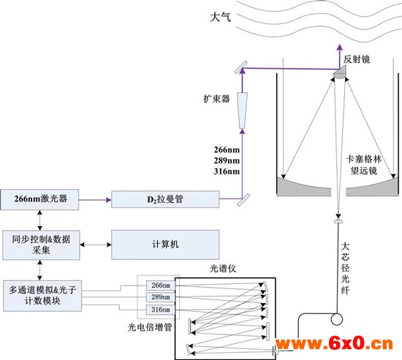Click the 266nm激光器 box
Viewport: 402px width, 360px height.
tap(39, 199)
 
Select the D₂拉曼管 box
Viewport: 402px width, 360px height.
tap(165, 199)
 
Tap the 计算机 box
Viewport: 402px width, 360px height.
tap(165, 245)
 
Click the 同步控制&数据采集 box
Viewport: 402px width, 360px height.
tap(41, 245)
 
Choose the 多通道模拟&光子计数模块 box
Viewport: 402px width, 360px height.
tap(42, 296)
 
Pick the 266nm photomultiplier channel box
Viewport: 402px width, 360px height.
tap(161, 286)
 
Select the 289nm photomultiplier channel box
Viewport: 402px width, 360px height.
tap(161, 297)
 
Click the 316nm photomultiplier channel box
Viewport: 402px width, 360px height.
tap(161, 310)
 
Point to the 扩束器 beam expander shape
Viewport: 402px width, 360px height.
tap(242, 110)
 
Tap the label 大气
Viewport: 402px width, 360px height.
tap(220, 18)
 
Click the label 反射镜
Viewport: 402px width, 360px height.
tap(357, 59)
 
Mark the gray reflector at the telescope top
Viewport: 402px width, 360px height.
tap(340, 72)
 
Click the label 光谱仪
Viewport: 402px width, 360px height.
tap(223, 269)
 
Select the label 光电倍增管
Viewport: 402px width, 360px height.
tap(150, 327)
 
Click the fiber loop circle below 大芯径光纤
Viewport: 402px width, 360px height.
tap(337, 320)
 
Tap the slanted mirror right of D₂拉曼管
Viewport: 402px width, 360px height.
tap(243, 200)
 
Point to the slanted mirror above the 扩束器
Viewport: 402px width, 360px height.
tap(241, 67)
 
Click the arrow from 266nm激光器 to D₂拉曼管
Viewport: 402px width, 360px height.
tap(95, 199)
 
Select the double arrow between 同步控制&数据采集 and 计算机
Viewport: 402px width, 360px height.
tap(96, 245)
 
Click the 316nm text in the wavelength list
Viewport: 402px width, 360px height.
tap(227, 171)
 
